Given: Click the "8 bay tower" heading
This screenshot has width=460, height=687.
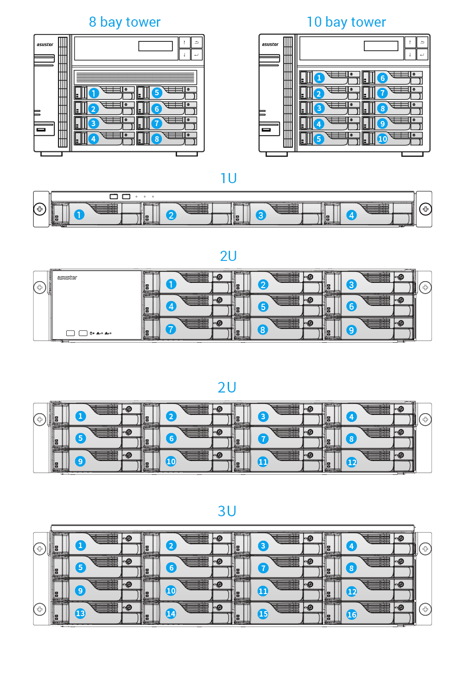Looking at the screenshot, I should click(x=125, y=22).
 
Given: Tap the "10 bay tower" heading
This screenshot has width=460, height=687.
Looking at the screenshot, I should click(x=346, y=22).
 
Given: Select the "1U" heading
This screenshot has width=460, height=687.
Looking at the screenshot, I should click(x=228, y=178).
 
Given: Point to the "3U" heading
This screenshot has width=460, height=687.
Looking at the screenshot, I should click(x=227, y=511).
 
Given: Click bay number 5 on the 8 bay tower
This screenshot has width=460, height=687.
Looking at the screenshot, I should click(x=157, y=92).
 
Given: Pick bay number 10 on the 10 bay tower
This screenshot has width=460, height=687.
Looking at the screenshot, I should click(x=382, y=139).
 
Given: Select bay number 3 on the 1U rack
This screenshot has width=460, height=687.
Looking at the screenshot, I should click(x=261, y=215).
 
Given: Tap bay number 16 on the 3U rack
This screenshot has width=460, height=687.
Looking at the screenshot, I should click(x=351, y=614).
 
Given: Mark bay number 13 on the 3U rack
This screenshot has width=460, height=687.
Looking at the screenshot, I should click(x=80, y=613).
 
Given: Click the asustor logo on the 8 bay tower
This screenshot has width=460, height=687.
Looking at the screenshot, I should click(x=45, y=45).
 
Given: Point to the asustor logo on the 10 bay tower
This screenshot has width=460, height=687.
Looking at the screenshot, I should click(x=270, y=45).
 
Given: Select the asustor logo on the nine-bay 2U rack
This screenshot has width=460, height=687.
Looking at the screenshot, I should click(x=67, y=277).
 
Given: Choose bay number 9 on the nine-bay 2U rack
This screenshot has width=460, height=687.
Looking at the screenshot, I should click(x=351, y=330).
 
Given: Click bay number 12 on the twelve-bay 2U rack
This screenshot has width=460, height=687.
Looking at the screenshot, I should click(x=351, y=462).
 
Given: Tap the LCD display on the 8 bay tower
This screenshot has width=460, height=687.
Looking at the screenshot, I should click(x=155, y=46).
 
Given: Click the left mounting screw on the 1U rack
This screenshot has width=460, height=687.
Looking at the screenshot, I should click(x=40, y=209).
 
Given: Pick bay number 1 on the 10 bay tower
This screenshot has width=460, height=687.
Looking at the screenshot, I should click(x=319, y=78).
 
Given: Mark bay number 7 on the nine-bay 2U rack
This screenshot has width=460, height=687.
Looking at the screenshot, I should click(x=171, y=329).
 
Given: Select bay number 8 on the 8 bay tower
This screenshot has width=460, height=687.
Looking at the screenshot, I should click(x=157, y=139).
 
